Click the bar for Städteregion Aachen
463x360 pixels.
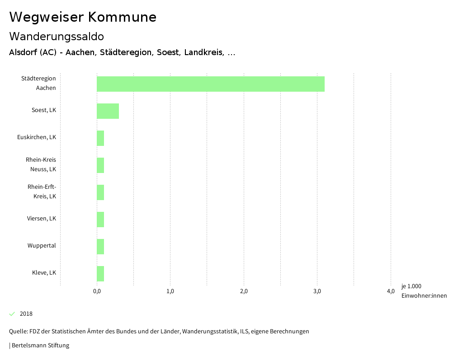(x=210, y=84)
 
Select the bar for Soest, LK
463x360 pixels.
(x=108, y=111)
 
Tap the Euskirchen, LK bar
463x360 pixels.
(x=100, y=138)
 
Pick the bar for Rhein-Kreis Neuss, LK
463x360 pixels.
(x=100, y=165)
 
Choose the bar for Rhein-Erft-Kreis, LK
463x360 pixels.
(x=100, y=192)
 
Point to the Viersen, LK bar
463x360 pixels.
(x=100, y=220)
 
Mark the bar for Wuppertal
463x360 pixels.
(x=100, y=247)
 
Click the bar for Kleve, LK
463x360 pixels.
(x=100, y=274)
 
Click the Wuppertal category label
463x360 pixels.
(x=42, y=246)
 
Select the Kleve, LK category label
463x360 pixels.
(x=44, y=273)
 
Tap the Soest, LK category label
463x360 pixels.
(x=44, y=110)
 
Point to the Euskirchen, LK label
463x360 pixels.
(x=40, y=137)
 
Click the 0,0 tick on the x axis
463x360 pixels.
(x=97, y=291)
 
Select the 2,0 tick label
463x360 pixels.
(x=244, y=291)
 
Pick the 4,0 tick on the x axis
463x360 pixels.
(x=391, y=291)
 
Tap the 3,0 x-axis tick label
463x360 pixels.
(x=317, y=291)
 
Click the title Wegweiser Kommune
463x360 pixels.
(x=83, y=17)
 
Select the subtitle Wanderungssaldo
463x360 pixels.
(x=57, y=37)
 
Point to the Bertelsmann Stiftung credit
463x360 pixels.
(x=40, y=346)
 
